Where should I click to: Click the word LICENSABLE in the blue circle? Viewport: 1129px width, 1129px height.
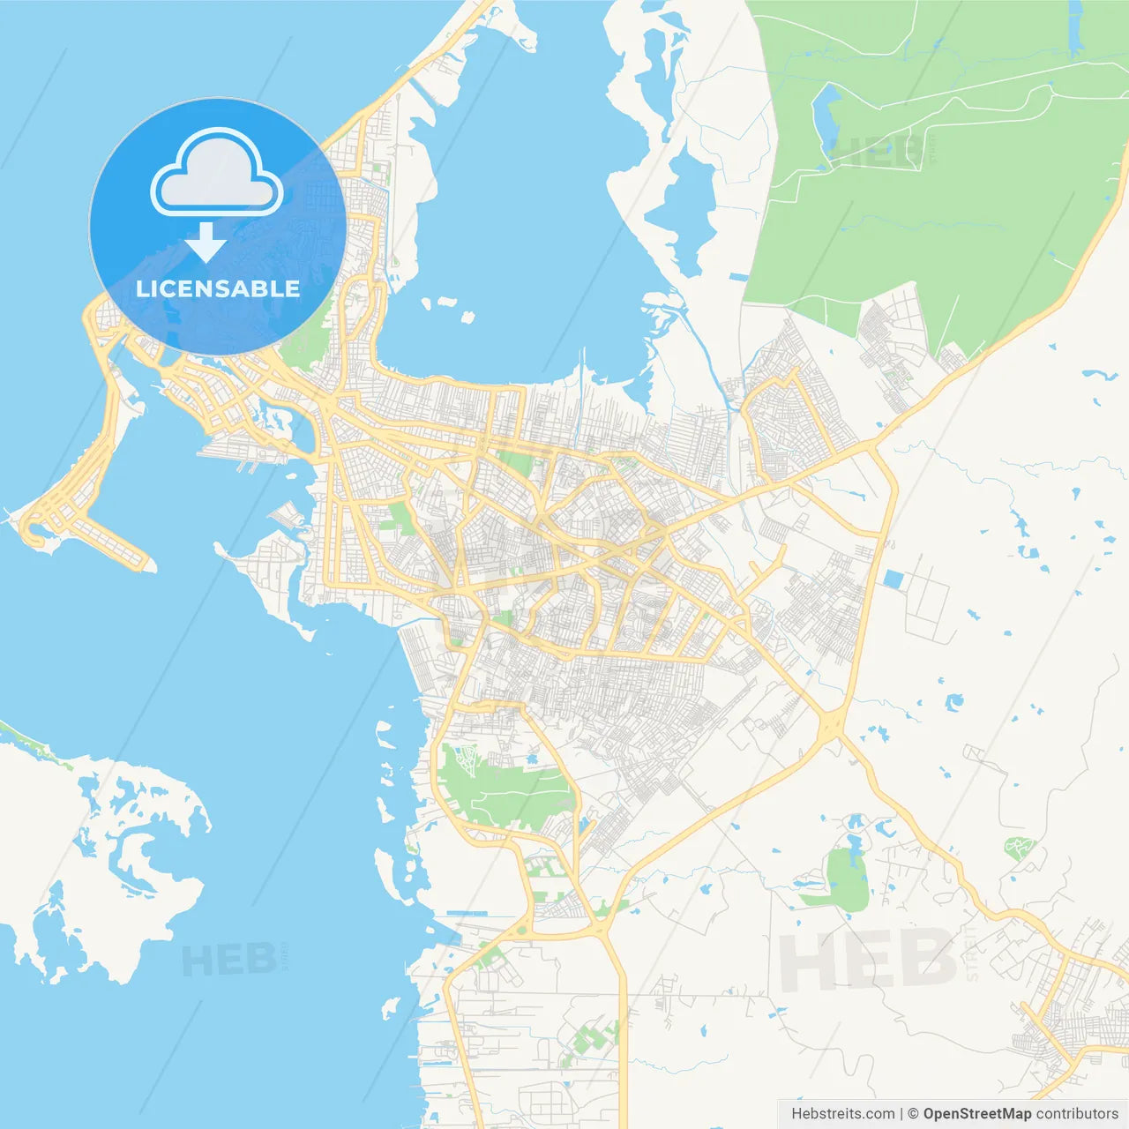tap(218, 288)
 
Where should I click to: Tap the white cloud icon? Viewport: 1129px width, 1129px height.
tap(217, 173)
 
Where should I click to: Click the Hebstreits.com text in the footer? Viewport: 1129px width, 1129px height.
tap(842, 1114)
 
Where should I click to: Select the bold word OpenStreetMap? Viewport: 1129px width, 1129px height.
tap(976, 1114)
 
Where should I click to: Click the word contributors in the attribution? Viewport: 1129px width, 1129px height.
tap(1077, 1114)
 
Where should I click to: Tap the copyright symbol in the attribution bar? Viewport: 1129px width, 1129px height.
tap(913, 1114)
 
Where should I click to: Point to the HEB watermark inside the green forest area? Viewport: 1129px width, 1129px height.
tap(878, 152)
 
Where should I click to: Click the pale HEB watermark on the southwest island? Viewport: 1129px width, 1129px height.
tap(228, 959)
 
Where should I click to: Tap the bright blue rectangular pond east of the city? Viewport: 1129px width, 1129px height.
tap(893, 579)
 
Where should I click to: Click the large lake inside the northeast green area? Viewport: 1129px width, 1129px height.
tap(826, 119)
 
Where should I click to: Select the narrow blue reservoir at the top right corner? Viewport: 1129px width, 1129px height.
tap(1074, 26)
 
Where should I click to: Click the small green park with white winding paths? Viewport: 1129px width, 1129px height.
tap(1017, 849)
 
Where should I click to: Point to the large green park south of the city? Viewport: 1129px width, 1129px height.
tap(503, 789)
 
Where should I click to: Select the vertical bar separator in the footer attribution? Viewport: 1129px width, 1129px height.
tap(901, 1114)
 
